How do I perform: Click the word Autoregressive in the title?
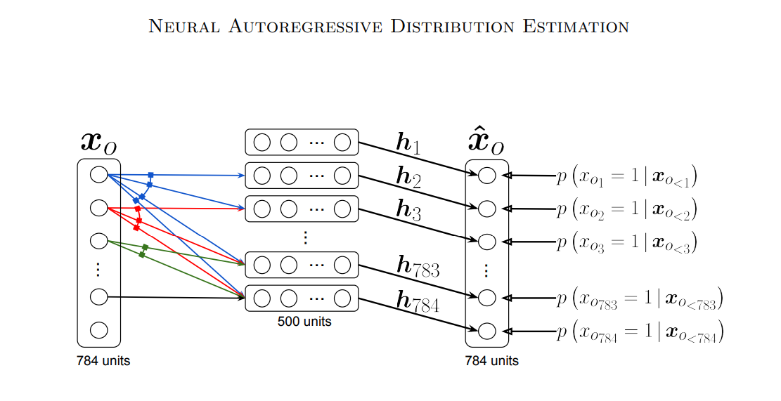302,27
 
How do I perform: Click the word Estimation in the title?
575,27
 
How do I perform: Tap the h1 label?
408,143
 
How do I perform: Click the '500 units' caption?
304,322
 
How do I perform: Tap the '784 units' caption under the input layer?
103,362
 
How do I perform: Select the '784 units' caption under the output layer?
492,361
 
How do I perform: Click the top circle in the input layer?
99,174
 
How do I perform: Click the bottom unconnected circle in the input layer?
99,329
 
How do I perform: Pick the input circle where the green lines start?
99,241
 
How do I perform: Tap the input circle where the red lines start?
99,208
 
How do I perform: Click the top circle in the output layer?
486,176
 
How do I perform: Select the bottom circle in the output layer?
486,329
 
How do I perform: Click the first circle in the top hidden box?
262,143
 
